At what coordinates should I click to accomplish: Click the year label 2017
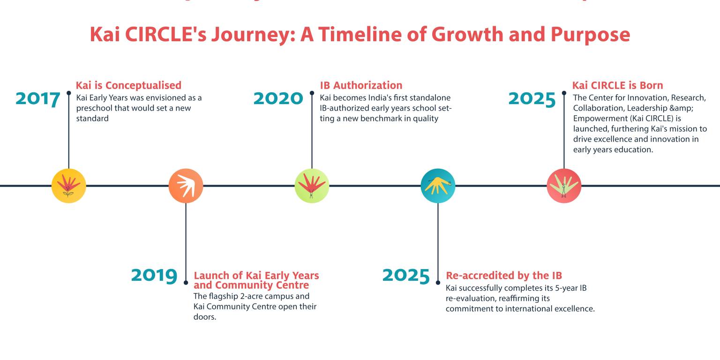[38, 99]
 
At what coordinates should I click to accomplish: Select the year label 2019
[154, 275]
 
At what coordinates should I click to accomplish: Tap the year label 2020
[278, 98]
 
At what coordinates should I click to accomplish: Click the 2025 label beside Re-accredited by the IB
[406, 275]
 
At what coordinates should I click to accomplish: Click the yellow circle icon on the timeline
[69, 186]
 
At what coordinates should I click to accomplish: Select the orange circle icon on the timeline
[186, 186]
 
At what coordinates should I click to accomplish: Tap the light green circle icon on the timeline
[312, 186]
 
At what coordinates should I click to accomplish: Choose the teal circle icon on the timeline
[438, 186]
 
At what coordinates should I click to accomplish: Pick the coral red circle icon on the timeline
[564, 186]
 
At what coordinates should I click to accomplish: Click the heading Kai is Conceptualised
[128, 85]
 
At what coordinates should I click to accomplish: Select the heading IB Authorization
[361, 85]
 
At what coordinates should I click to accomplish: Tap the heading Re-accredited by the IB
[504, 275]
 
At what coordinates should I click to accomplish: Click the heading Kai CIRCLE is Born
[617, 85]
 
